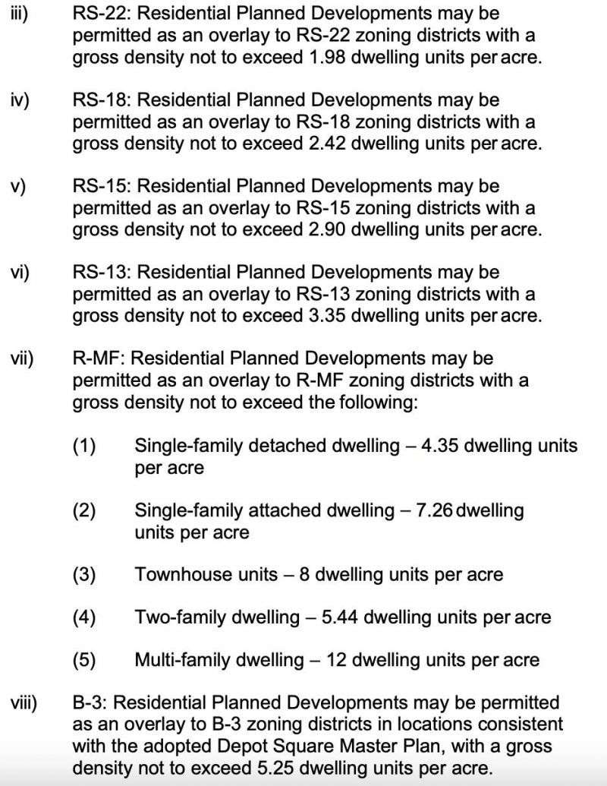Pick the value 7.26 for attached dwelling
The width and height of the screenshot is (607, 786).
click(433, 510)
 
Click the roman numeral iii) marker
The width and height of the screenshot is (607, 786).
click(18, 14)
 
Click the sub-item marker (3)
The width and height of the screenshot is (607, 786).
click(84, 574)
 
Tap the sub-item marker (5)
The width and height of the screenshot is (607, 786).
click(84, 659)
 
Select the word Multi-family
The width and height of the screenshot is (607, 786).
click(181, 659)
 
